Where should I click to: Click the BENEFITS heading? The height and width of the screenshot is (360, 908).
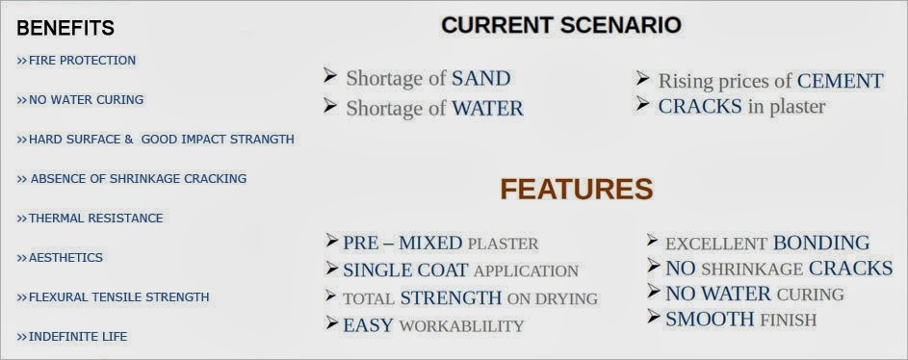pos(65,28)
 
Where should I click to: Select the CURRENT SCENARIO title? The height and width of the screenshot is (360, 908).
pos(561,25)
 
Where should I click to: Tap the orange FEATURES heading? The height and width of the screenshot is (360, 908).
pos(576,189)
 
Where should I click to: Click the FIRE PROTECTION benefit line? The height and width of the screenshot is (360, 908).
pos(76,61)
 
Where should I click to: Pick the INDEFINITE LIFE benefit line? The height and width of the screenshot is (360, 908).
pos(72,337)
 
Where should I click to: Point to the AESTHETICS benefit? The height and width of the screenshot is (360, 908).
pos(60,258)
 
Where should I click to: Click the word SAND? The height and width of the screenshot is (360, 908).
pos(480,79)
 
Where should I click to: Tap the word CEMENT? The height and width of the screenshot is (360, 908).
pos(840,81)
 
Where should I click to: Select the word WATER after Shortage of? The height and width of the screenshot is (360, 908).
pos(487,109)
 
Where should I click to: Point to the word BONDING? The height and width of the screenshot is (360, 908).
pos(820,244)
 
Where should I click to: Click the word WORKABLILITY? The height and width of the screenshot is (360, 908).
pos(461,325)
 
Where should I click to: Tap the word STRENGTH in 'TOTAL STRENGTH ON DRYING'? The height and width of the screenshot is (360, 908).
pos(451,298)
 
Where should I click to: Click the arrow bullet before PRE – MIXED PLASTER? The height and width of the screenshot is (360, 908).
pos(332,242)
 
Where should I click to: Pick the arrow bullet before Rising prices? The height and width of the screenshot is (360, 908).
pos(644,78)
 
